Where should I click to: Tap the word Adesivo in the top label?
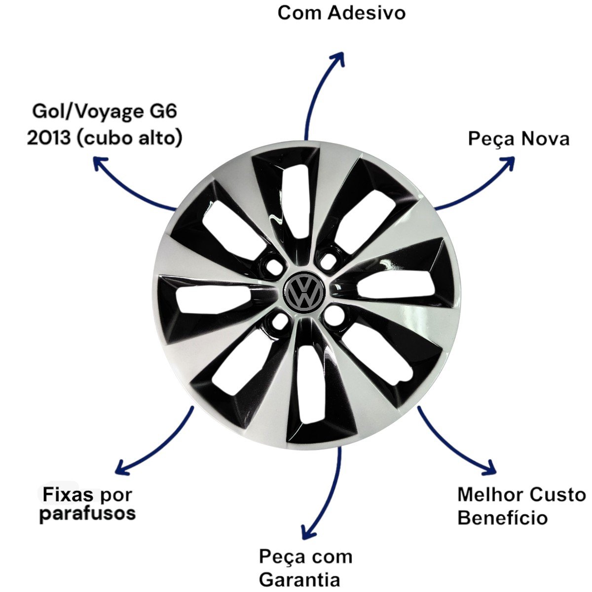(367, 13)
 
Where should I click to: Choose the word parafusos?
(87, 514)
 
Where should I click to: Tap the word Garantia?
(299, 579)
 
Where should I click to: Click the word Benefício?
(502, 518)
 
